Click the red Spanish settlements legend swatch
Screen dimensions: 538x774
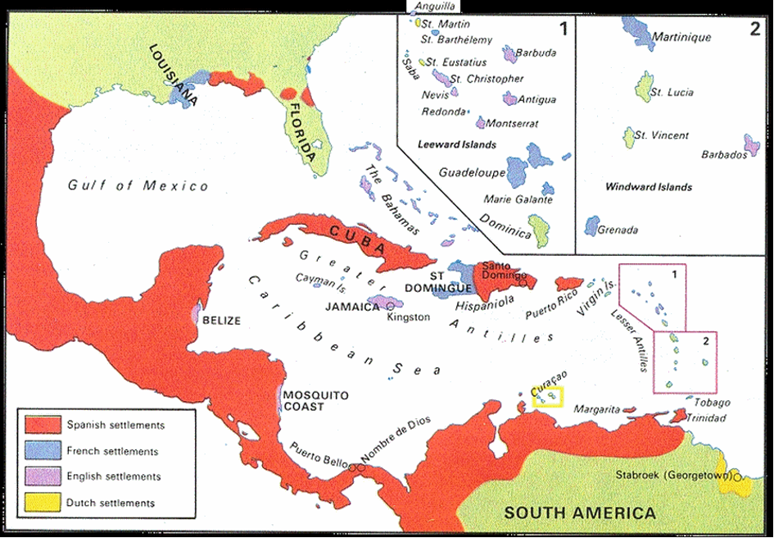[43, 425]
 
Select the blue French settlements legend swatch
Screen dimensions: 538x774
[43, 451]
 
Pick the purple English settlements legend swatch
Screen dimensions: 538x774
[43, 476]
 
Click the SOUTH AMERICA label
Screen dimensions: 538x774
[580, 513]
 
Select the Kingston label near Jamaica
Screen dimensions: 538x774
[408, 317]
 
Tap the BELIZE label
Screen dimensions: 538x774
[222, 321]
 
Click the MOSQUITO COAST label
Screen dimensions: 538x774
[315, 401]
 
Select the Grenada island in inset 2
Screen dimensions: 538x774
[591, 226]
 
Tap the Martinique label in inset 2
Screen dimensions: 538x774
[681, 38]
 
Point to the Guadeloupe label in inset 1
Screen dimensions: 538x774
[471, 173]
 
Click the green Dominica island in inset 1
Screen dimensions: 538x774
[541, 229]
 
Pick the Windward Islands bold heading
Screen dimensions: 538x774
[648, 187]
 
